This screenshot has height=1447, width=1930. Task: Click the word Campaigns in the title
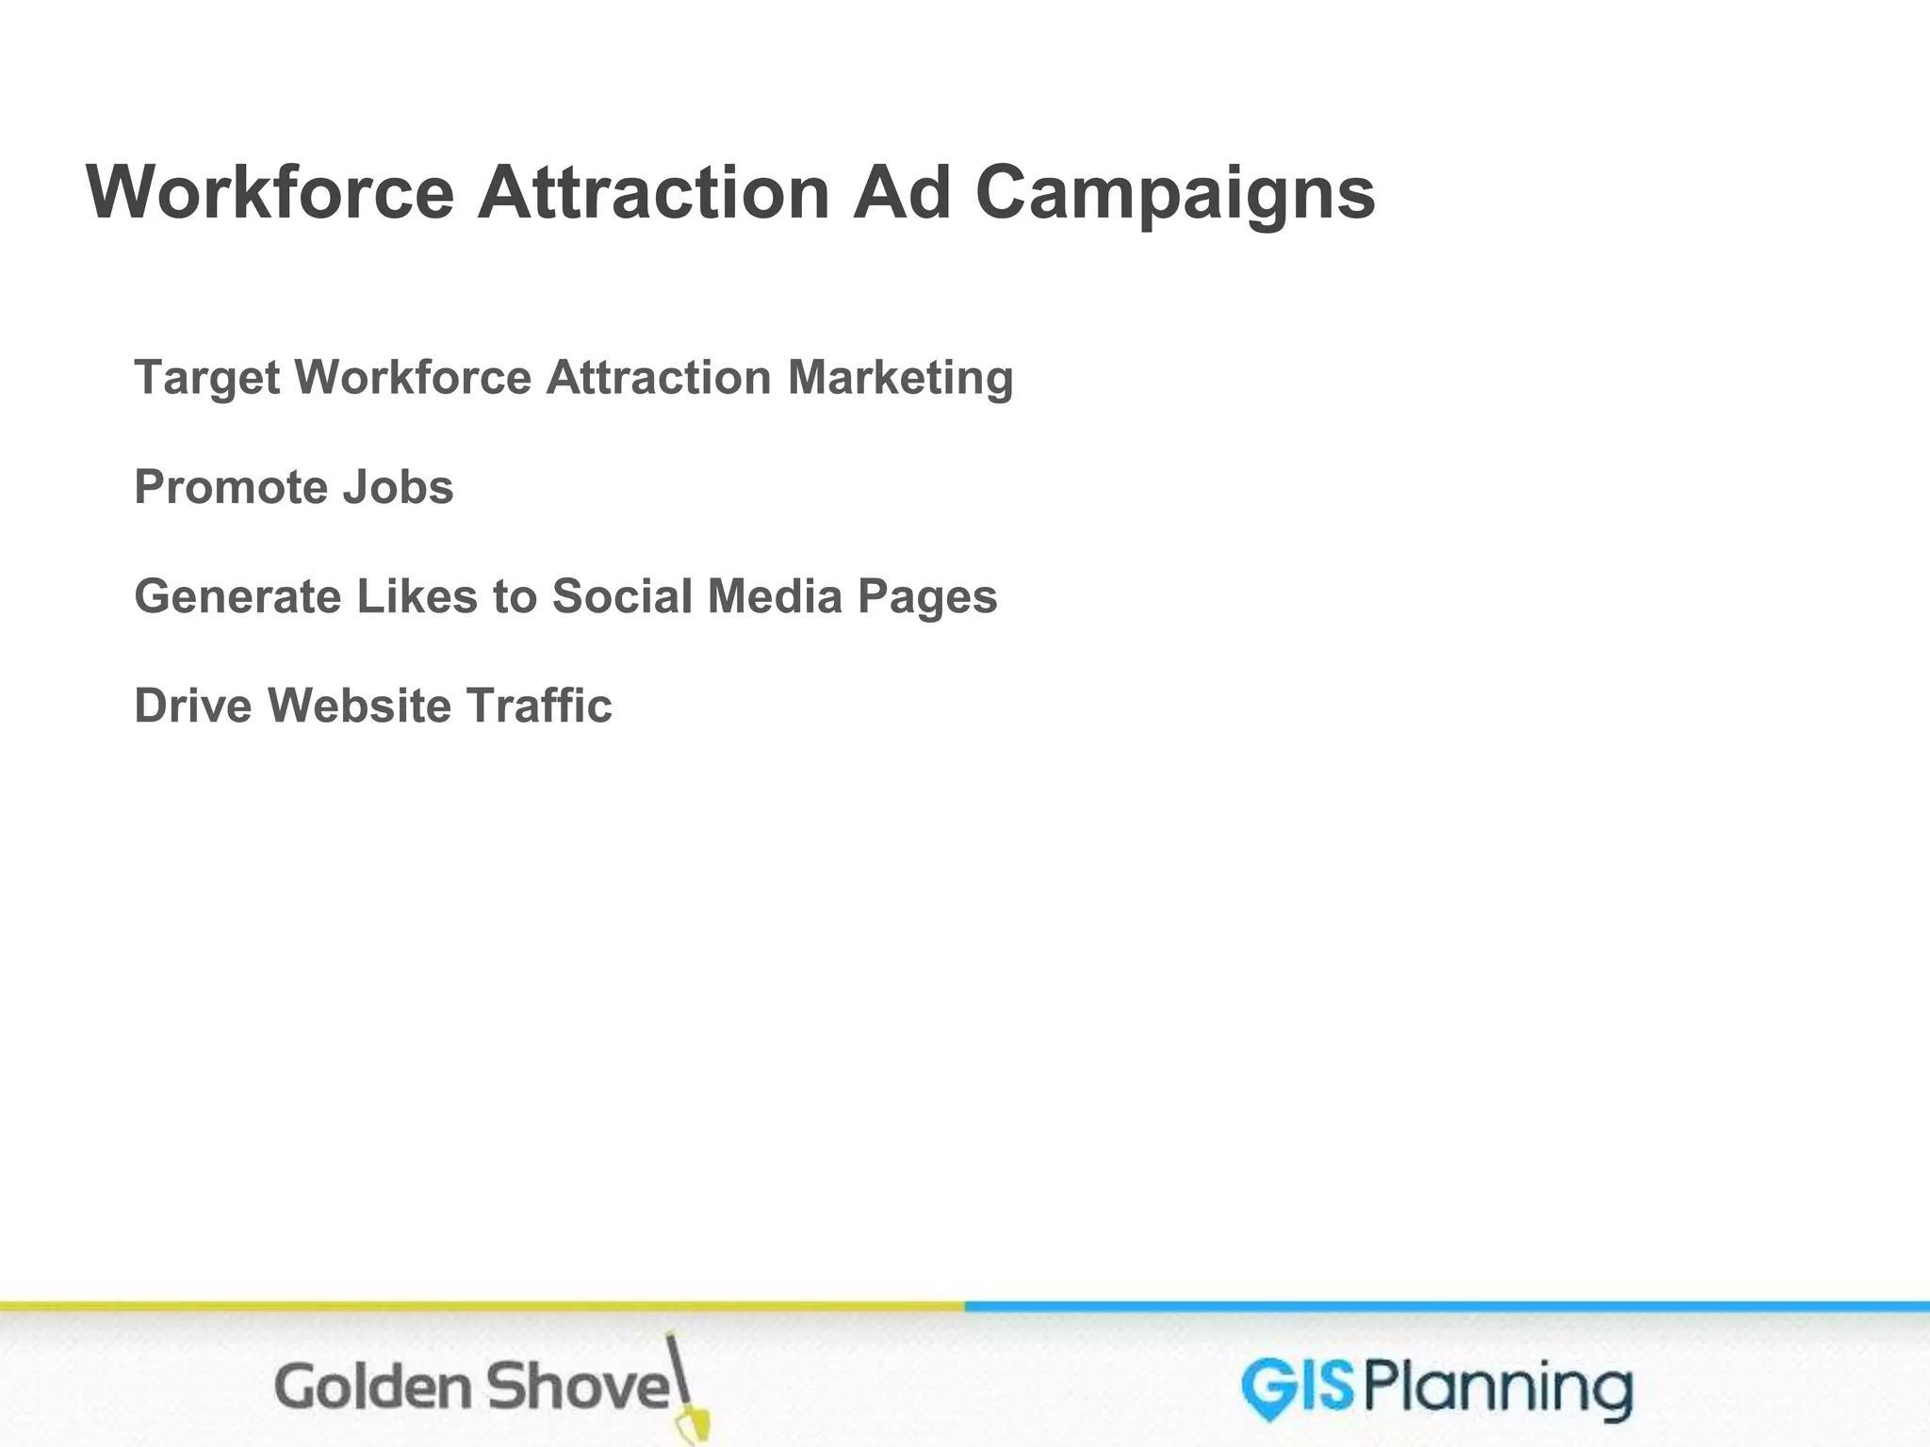click(x=1174, y=194)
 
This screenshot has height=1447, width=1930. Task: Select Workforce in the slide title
click(x=270, y=192)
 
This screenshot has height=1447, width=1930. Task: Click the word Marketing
click(x=900, y=379)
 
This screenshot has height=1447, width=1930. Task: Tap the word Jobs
click(x=398, y=487)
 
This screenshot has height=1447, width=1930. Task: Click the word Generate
click(x=237, y=596)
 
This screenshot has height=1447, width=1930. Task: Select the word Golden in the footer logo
click(x=371, y=1388)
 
